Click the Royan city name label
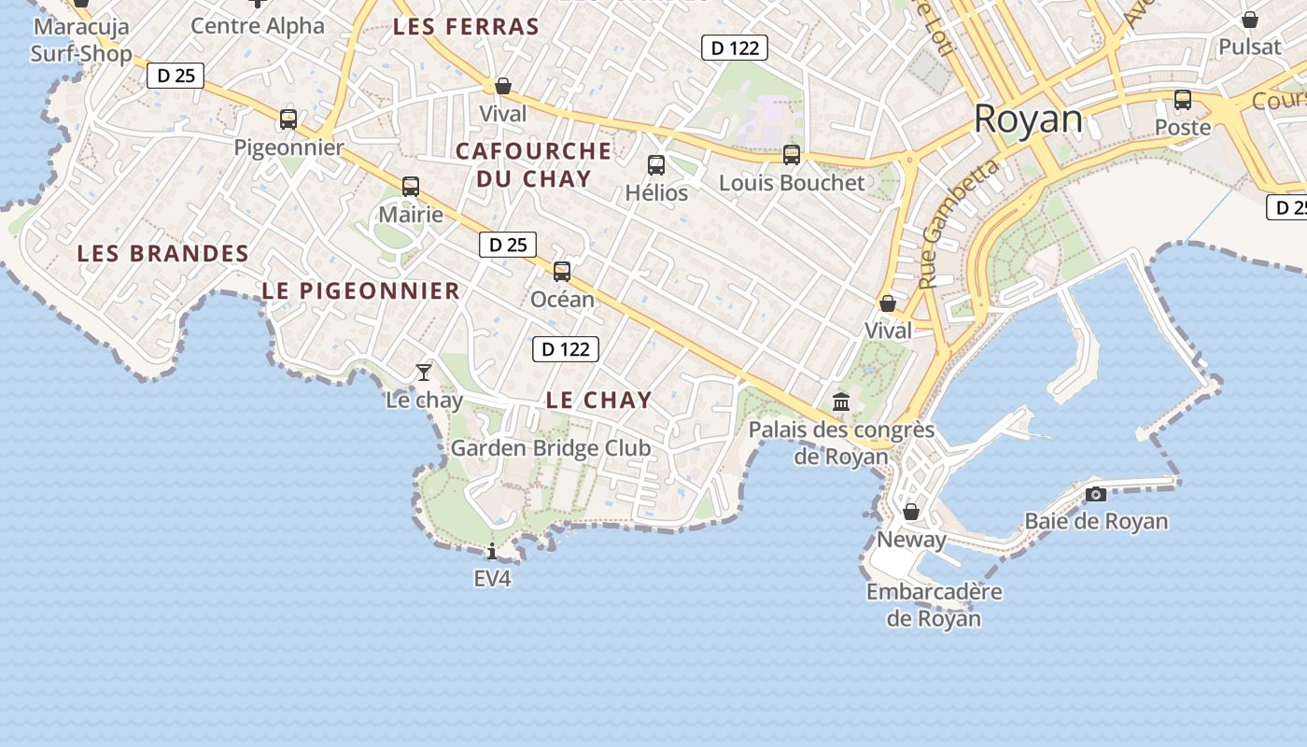[x=1028, y=120]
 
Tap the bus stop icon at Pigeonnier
[x=288, y=120]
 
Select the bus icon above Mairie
[x=411, y=187]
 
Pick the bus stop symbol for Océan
[x=562, y=272]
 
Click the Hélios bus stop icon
[x=656, y=165]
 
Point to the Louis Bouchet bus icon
[x=792, y=155]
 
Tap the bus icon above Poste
[x=1183, y=100]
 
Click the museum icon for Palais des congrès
[x=841, y=402]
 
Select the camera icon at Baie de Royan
[x=1096, y=494]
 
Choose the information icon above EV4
[x=492, y=551]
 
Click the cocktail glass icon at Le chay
[x=424, y=373]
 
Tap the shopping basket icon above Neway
[x=911, y=512]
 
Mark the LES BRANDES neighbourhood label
[x=162, y=253]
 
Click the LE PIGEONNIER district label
[x=360, y=290]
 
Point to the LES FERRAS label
[x=466, y=27]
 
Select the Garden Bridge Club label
[x=551, y=448]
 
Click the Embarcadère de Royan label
[x=934, y=604]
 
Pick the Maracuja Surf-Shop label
[x=81, y=39]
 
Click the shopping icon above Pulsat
[x=1250, y=20]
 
